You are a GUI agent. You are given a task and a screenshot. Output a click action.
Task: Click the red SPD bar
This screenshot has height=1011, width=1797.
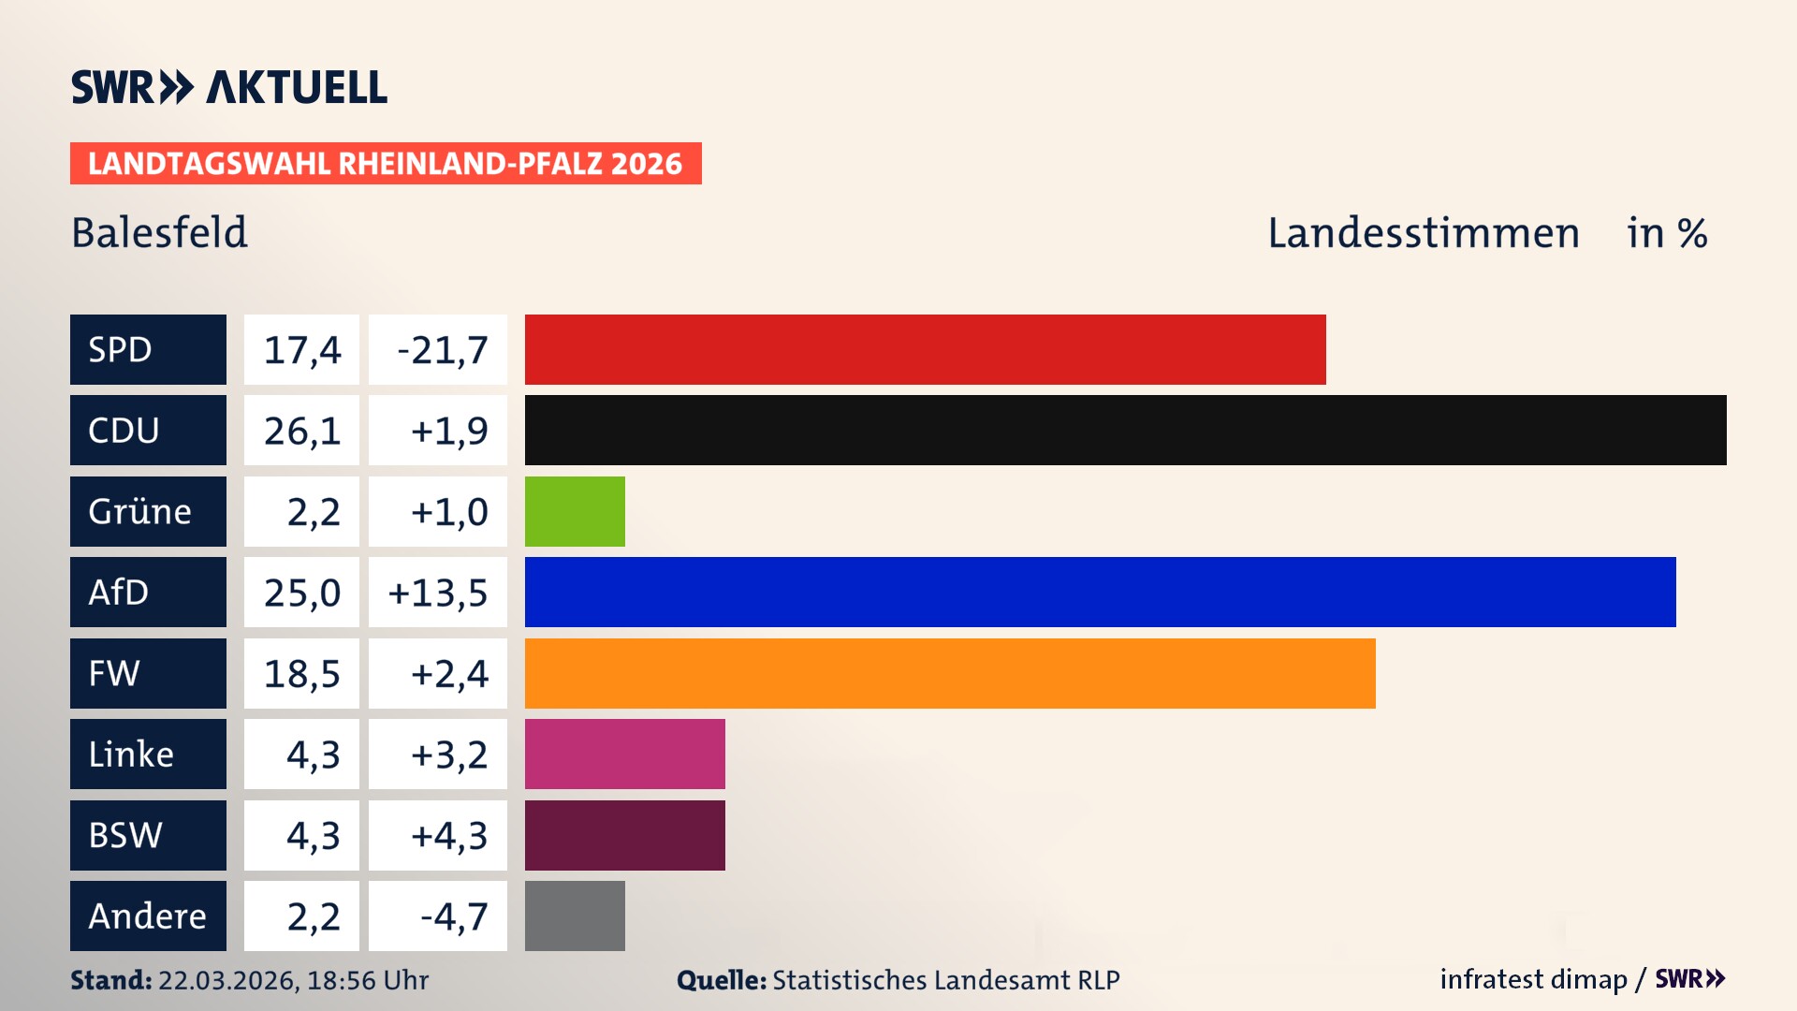pyautogui.click(x=925, y=349)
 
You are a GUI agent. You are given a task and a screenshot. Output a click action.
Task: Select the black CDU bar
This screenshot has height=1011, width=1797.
pyautogui.click(x=1125, y=431)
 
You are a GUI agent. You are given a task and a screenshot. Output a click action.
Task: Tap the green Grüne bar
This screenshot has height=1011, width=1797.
pyautogui.click(x=575, y=511)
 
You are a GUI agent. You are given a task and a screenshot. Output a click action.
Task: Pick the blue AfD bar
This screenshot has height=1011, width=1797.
pyautogui.click(x=1100, y=592)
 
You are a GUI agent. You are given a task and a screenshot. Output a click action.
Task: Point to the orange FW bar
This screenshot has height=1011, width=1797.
pyautogui.click(x=950, y=673)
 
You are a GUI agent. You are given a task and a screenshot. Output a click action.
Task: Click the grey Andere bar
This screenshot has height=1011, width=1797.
pyautogui.click(x=575, y=916)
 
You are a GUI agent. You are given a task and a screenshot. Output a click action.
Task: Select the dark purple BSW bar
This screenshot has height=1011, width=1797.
pyautogui.click(x=624, y=835)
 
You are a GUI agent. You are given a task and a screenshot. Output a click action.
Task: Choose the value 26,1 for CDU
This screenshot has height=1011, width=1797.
pyautogui.click(x=301, y=431)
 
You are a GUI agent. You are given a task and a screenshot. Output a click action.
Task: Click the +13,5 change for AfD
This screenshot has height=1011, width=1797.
pyautogui.click(x=438, y=593)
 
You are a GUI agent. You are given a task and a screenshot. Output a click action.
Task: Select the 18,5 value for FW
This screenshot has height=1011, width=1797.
pyautogui.click(x=301, y=674)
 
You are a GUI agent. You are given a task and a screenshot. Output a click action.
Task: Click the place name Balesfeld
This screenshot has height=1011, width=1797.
pyautogui.click(x=159, y=233)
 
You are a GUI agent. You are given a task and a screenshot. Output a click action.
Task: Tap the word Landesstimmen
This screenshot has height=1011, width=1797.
pyautogui.click(x=1423, y=233)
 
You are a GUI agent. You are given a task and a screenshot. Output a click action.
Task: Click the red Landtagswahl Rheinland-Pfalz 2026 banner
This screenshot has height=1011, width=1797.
pyautogui.click(x=386, y=164)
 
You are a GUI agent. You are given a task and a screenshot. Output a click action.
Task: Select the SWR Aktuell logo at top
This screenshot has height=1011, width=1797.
pyautogui.click(x=228, y=87)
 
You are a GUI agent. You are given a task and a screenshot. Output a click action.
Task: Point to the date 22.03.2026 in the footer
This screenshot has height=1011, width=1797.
pyautogui.click(x=227, y=980)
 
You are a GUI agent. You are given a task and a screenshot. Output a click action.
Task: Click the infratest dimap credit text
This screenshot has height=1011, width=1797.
pyautogui.click(x=1533, y=979)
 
